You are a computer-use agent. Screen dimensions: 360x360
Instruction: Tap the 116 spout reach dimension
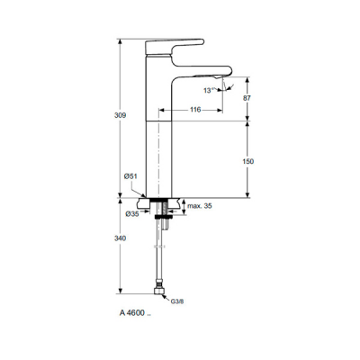point(195,109)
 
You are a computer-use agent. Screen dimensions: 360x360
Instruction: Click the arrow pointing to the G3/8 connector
point(170,298)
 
